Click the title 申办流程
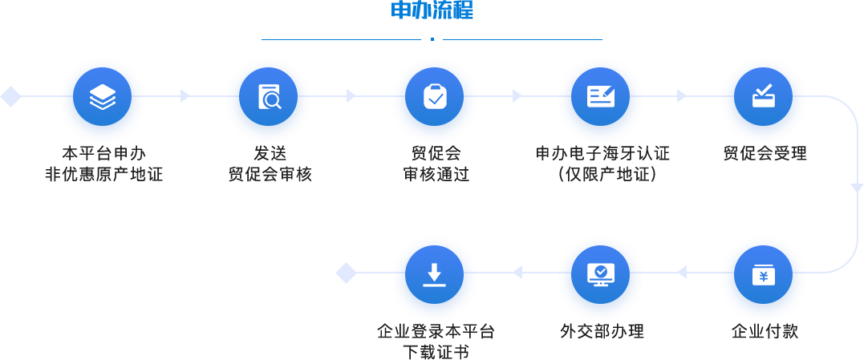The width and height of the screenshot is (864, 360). (x=432, y=10)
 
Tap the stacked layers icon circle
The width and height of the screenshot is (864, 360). (x=103, y=96)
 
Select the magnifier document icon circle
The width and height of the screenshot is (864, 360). (x=269, y=96)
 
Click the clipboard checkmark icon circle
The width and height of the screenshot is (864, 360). (x=434, y=96)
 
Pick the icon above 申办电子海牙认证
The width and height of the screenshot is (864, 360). (x=600, y=96)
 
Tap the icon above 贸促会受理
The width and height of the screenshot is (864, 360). (x=763, y=96)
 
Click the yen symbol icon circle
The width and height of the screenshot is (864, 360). (x=763, y=274)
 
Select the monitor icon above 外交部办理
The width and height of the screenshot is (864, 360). (x=600, y=274)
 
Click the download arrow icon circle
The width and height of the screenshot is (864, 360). (x=434, y=274)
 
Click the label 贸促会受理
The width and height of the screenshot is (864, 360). (x=765, y=153)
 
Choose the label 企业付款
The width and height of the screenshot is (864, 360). (x=765, y=331)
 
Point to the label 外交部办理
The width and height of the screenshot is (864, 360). (x=602, y=331)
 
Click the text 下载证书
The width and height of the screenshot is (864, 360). (x=436, y=352)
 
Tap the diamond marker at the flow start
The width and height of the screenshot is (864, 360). (x=10, y=96)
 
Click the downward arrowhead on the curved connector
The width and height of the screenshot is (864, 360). (x=857, y=188)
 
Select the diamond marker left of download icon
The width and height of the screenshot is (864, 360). (x=346, y=273)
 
